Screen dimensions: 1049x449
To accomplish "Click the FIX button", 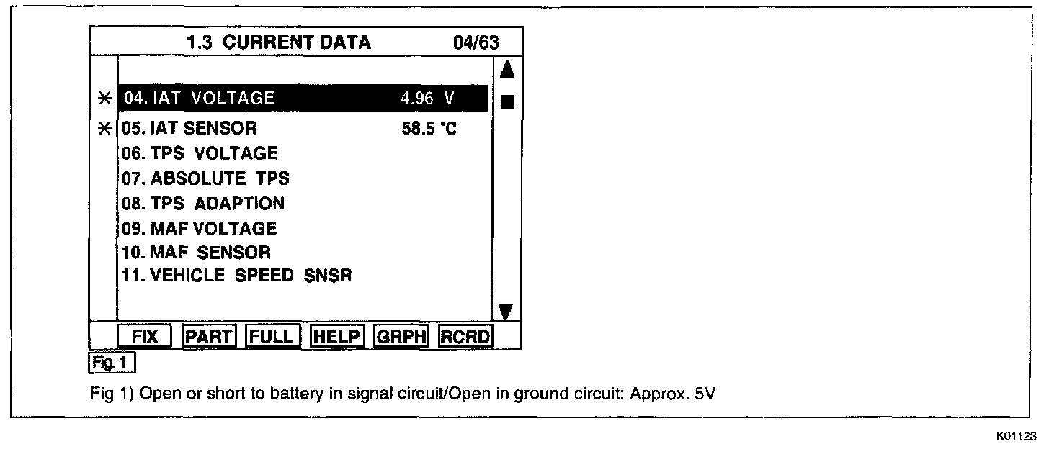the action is pos(145,336).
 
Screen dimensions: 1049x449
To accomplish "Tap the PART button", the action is pos(209,336).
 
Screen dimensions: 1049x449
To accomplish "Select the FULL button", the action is pos(272,336).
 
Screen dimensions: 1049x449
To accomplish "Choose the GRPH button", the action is pos(402,336).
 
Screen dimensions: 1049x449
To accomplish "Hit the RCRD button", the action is pos(465,336).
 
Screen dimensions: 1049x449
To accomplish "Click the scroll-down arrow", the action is pos(506,311).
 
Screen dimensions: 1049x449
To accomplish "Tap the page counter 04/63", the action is pos(476,42).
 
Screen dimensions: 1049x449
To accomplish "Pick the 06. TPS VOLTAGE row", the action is pos(200,153).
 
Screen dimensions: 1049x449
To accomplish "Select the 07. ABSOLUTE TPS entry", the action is pos(205,178).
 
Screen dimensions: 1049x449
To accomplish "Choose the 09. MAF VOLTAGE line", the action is pos(199,228).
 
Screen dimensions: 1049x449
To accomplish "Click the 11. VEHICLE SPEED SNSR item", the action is pos(236,276).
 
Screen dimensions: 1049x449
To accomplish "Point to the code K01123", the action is pos(1017,436).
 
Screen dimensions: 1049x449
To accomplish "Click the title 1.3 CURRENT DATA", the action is pos(278,42).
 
